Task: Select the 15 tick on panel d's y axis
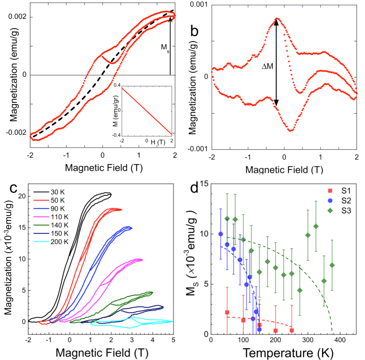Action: (x=203, y=183)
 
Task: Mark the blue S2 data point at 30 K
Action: (x=220, y=234)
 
